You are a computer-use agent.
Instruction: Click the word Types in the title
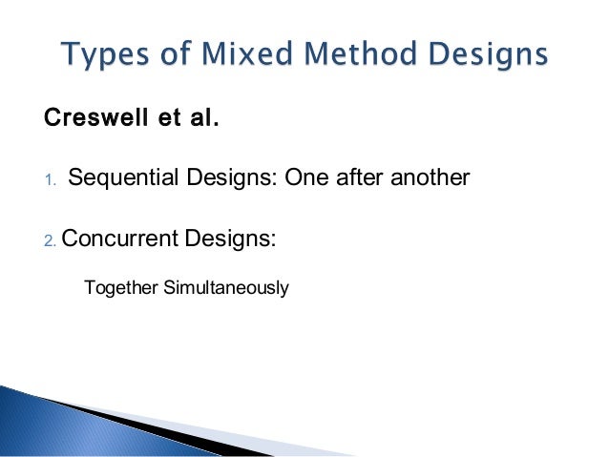100,54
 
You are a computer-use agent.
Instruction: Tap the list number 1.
52,179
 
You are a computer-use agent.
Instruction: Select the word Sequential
120,177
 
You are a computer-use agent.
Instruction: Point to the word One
302,177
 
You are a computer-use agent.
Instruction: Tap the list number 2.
51,239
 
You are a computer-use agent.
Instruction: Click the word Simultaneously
226,286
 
